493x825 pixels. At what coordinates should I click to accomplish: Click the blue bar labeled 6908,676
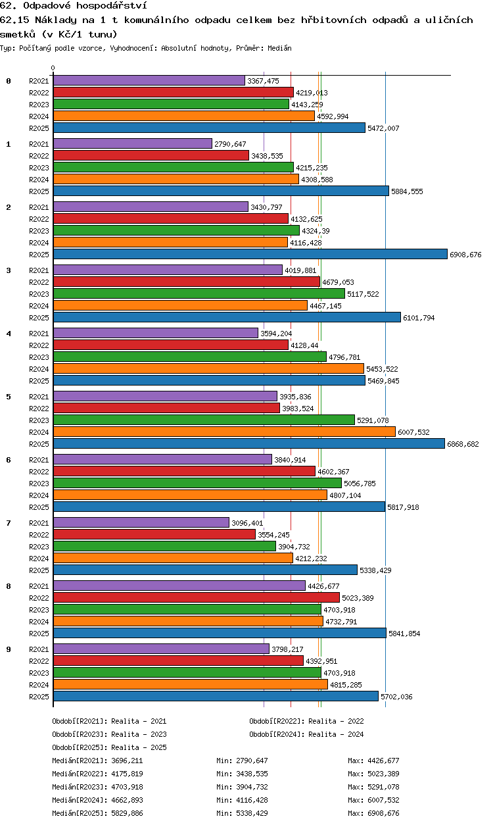click(250, 254)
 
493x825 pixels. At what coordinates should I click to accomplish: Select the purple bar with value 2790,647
click(133, 143)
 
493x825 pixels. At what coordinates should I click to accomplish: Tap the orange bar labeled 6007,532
click(224, 432)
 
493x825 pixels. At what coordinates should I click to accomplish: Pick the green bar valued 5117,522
click(199, 293)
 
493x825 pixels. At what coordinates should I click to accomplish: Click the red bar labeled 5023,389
click(197, 597)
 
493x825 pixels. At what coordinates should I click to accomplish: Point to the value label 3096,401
click(247, 523)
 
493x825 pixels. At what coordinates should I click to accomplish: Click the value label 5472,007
click(383, 128)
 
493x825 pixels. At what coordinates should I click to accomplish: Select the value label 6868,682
click(463, 444)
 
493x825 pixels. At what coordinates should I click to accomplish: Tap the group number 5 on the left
click(9, 397)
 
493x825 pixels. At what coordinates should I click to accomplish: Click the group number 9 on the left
click(9, 649)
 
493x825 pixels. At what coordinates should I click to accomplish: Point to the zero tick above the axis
click(53, 68)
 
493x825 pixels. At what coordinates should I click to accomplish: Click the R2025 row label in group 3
click(39, 318)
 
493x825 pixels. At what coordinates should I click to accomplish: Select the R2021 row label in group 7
click(39, 523)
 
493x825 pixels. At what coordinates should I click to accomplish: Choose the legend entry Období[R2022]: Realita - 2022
click(306, 721)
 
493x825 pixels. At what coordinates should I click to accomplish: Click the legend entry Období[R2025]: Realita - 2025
click(109, 747)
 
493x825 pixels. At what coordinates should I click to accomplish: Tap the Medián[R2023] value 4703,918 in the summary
click(127, 787)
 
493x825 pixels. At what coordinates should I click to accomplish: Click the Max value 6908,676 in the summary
click(383, 813)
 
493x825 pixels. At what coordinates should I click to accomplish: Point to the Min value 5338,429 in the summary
click(252, 813)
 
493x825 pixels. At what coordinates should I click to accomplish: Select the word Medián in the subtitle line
click(279, 48)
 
